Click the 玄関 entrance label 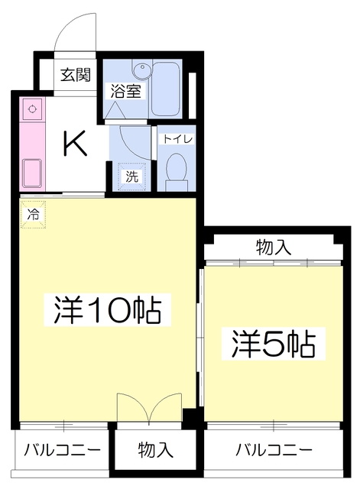(x=76, y=75)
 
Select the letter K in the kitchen (x=74, y=143)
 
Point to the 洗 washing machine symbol (x=132, y=176)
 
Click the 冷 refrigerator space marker (x=33, y=215)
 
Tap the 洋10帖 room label (x=107, y=309)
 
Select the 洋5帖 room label (x=274, y=345)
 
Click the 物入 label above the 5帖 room (x=273, y=247)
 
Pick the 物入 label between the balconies (x=155, y=449)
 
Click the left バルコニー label (x=62, y=449)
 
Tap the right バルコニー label (x=273, y=449)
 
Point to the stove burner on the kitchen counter (x=32, y=109)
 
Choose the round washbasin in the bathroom (x=141, y=70)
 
